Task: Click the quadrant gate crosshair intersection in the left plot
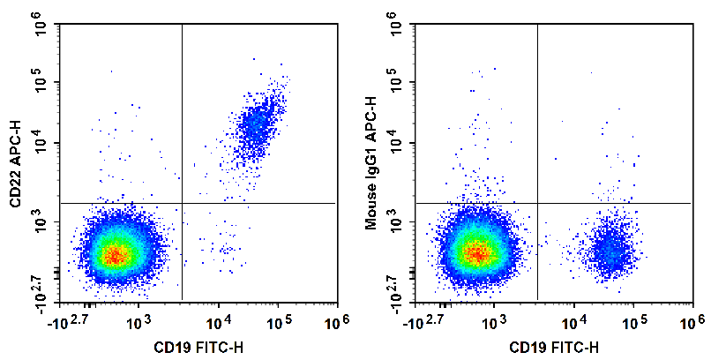pos(181,203)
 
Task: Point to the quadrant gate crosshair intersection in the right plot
pos(537,203)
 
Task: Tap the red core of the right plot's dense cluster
pos(477,253)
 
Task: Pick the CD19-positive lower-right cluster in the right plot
pos(608,251)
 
